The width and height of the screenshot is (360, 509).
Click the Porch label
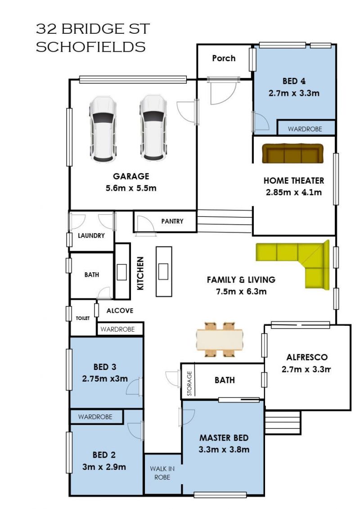coord(224,59)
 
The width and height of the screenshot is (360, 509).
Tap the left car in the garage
coord(103,129)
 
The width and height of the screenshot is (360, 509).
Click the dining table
coord(220,339)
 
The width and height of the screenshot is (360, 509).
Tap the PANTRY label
coord(172,221)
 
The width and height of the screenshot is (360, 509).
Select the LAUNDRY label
coord(91,236)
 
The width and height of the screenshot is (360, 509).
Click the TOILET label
coord(83,319)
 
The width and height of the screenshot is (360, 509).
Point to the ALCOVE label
coord(120,311)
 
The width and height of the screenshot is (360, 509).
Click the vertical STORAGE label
coord(189,383)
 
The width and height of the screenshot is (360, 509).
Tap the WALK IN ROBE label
coord(162,473)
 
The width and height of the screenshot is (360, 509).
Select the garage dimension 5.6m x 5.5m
coord(131,188)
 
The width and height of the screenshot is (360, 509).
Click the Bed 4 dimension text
coord(294,94)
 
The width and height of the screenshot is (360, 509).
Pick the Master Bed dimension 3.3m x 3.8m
coord(224,450)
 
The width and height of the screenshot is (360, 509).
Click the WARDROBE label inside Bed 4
coord(305,129)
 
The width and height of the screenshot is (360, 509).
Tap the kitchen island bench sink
coord(163,272)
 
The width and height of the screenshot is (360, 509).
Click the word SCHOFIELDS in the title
coord(90,47)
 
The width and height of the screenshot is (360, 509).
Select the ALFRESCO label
coord(307,357)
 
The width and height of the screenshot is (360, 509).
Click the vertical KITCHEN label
coord(140,273)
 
